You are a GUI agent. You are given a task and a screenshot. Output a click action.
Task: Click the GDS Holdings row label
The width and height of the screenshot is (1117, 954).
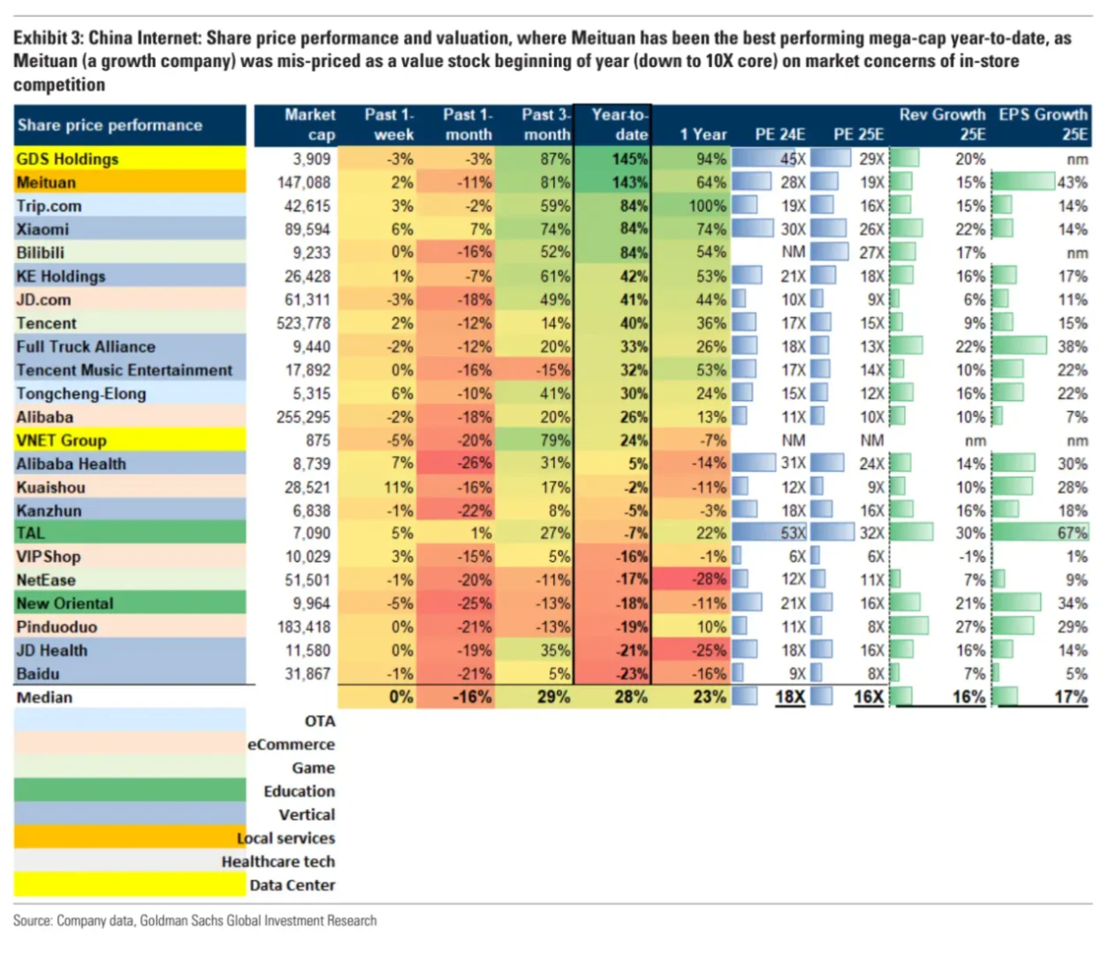point(67,159)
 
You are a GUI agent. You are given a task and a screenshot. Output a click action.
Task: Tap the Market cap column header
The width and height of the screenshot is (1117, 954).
point(309,125)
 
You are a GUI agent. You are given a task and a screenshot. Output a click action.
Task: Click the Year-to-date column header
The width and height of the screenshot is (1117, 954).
point(619,125)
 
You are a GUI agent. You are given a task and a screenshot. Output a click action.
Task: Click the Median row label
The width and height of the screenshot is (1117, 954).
point(44,698)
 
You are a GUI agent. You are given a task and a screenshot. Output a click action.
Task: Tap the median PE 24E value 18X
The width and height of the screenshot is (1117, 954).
point(789,698)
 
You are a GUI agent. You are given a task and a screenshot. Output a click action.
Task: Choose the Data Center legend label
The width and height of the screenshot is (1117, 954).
point(292,885)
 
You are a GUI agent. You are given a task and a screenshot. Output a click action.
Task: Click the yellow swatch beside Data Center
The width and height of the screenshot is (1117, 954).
point(129,884)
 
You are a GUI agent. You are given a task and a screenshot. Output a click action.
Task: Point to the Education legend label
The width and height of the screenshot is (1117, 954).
point(299,791)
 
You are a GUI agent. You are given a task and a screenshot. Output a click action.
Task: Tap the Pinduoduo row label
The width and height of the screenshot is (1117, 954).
point(57,627)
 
